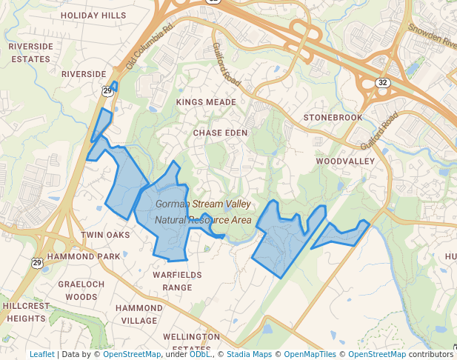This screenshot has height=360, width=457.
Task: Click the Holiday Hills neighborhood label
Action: tap(93, 15)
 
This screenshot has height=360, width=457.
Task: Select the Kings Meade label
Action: tap(206, 101)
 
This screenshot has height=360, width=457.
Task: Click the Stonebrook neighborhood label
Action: tap(333, 118)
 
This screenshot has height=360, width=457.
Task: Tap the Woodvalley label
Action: tap(345, 160)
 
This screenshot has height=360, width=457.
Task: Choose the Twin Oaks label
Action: tap(105, 235)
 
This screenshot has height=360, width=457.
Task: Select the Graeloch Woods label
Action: tap(81, 290)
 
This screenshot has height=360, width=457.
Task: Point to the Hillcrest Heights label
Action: tap(25, 312)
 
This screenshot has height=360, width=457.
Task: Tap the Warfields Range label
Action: tap(177, 281)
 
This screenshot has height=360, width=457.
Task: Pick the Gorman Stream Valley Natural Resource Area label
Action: tap(204, 211)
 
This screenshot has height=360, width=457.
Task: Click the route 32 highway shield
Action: tap(381, 82)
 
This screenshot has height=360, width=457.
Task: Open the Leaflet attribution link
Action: tap(41, 354)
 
